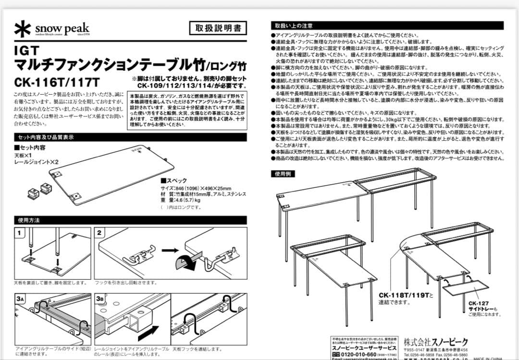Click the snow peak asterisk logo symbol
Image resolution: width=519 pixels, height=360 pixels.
(23, 28)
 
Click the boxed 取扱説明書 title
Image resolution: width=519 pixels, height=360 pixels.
(218, 28)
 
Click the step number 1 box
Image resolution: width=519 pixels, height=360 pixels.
(20, 233)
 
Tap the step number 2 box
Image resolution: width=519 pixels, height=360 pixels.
(100, 233)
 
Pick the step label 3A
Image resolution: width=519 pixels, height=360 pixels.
(20, 299)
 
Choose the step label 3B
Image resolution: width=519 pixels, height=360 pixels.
(100, 299)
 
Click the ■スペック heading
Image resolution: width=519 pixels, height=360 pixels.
(174, 181)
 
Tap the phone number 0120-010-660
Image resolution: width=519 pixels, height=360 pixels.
(360, 354)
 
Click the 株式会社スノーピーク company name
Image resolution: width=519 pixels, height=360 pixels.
(436, 342)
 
